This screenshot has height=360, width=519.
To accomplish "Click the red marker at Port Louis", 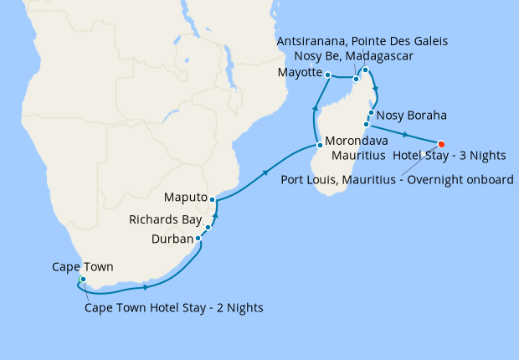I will click(x=441, y=142).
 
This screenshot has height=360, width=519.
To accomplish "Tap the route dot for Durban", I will click(x=198, y=239).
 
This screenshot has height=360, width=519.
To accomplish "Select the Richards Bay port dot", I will click(x=208, y=227).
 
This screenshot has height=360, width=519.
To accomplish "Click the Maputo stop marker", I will click(x=213, y=199).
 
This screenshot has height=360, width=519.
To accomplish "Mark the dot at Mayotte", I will click(x=328, y=75).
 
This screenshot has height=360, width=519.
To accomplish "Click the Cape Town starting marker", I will click(x=82, y=279).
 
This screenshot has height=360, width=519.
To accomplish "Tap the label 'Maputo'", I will click(x=186, y=198).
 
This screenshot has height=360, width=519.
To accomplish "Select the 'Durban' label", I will click(x=172, y=239).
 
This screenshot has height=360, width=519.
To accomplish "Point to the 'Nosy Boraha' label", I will click(x=412, y=115).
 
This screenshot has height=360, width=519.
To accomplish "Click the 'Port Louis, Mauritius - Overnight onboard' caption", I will click(x=398, y=178).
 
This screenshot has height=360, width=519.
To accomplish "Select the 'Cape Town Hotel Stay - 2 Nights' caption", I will click(x=174, y=307).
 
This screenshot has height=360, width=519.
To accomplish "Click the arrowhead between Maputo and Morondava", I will click(x=266, y=173).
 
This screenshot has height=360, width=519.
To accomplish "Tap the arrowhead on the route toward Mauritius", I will click(x=406, y=134).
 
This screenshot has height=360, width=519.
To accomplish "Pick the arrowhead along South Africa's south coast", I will click(x=147, y=288).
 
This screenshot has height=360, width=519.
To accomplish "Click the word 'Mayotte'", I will click(x=300, y=73).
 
